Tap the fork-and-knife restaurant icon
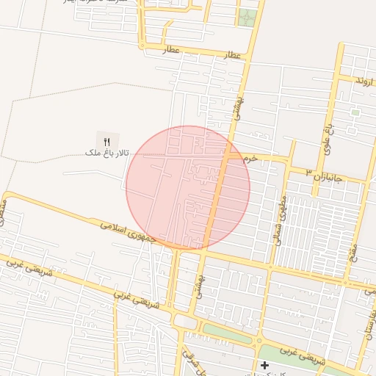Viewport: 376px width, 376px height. (106, 140)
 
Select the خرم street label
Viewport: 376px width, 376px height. (250, 158)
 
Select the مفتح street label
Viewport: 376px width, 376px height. (353, 235)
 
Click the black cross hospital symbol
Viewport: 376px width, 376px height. (264, 365)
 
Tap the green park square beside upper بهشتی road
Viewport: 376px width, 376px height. (247, 17)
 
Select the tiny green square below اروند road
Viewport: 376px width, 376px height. (355, 112)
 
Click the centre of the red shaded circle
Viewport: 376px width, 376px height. (188, 187)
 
